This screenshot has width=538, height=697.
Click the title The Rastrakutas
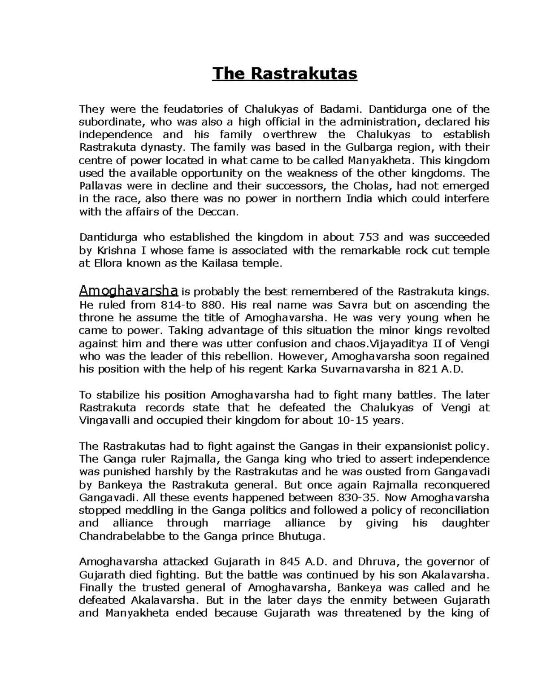tap(285, 73)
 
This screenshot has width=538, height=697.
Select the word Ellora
tap(108, 263)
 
